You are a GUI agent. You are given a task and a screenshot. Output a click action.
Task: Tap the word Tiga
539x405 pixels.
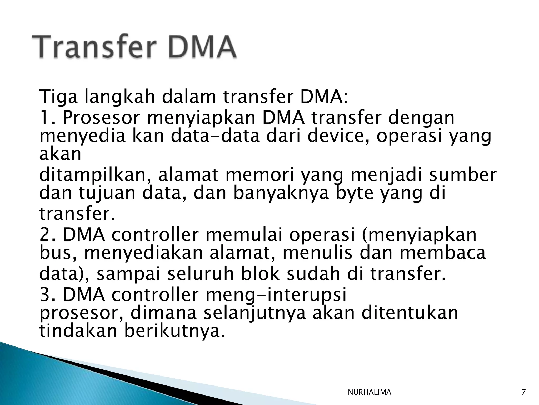(58, 97)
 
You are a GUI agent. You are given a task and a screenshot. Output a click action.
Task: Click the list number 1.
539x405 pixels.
(45, 118)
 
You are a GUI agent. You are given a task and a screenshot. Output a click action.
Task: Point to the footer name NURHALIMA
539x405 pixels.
(369, 392)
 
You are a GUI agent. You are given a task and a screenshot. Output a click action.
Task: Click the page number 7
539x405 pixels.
(523, 392)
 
